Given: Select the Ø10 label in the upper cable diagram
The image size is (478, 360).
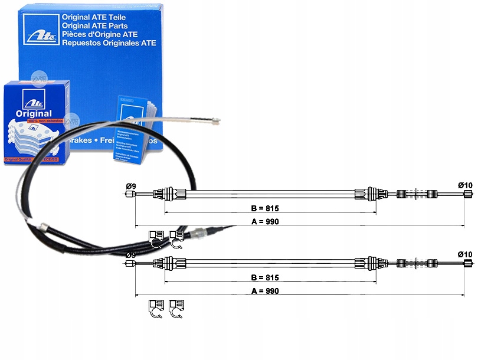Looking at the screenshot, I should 465,186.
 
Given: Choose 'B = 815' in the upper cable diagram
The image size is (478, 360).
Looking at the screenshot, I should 263,208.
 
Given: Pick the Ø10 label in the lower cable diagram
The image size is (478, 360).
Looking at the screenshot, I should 465,254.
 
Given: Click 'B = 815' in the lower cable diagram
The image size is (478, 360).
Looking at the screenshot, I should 263,277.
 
